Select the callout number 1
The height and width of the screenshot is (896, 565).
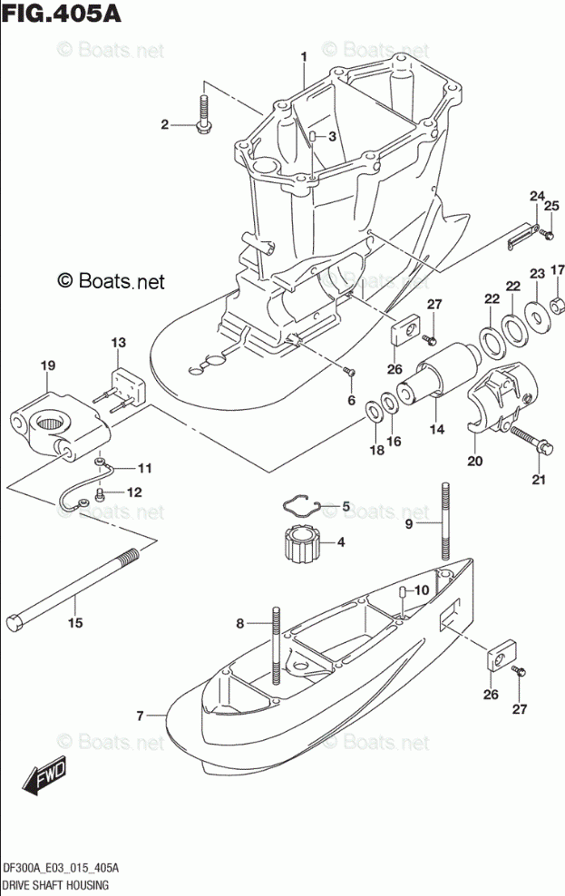pyautogui.click(x=305, y=56)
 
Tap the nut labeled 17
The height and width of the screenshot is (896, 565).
pyautogui.click(x=558, y=300)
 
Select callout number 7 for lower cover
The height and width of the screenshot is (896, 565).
pyautogui.click(x=141, y=716)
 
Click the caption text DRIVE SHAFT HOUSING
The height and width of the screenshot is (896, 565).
pyautogui.click(x=56, y=884)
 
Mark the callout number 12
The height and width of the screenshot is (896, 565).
pyautogui.click(x=134, y=492)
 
